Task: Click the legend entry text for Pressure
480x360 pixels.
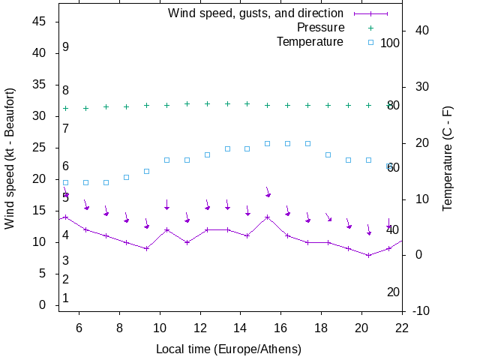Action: pos(320,28)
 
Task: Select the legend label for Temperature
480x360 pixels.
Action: pos(310,41)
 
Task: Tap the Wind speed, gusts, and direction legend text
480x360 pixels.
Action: pos(256,13)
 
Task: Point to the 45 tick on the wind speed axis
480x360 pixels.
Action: pos(40,22)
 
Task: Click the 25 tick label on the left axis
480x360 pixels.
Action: pos(40,148)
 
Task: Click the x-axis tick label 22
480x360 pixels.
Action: pos(402,328)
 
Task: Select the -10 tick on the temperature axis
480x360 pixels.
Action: pos(421,311)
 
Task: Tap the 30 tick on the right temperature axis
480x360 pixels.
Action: pos(418,86)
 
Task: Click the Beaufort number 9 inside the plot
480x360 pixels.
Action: pos(66,47)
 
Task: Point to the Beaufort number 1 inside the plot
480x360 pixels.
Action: pos(66,298)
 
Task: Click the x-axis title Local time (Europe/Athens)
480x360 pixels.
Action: pos(229,349)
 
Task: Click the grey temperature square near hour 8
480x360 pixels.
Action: pos(126,177)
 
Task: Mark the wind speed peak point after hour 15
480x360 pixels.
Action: pos(267,217)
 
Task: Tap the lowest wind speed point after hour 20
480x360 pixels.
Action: pos(368,255)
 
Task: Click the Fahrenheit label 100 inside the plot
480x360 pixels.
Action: pos(390,43)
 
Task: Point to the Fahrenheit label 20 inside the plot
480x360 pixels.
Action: pos(393,292)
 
